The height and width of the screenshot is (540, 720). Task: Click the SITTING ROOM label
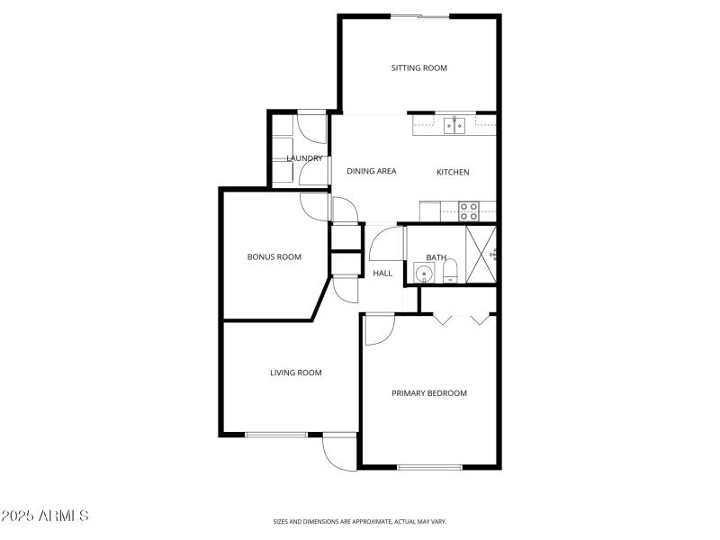[418, 67]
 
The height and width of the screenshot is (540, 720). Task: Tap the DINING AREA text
[372, 171]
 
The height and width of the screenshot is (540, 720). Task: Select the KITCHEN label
[453, 172]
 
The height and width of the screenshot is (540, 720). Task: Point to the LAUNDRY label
[304, 158]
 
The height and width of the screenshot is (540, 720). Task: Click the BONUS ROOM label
[274, 256]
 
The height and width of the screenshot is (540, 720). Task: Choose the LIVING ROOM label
[296, 373]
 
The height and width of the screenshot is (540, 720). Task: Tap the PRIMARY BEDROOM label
[429, 392]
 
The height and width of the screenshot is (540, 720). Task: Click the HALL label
[382, 273]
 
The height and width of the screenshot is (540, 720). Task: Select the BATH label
[436, 257]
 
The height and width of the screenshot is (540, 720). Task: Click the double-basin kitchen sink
[454, 126]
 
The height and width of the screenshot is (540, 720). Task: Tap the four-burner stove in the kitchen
[469, 211]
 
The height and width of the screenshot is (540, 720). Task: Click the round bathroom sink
[424, 273]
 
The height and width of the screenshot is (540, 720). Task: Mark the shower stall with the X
[481, 254]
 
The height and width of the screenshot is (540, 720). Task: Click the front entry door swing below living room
[340, 452]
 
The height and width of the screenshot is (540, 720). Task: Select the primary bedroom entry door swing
[377, 330]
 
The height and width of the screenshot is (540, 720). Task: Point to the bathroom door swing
[385, 244]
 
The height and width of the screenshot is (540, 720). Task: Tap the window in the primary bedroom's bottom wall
[429, 466]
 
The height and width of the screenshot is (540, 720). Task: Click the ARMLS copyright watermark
[45, 517]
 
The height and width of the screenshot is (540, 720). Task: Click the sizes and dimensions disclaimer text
[360, 521]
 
